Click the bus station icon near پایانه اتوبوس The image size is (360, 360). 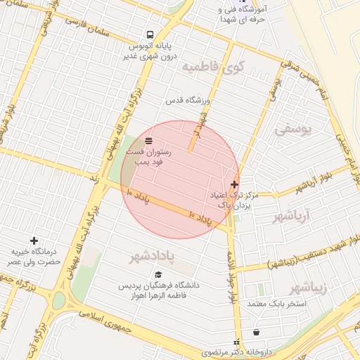click(150, 34)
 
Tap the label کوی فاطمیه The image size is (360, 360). click(210, 67)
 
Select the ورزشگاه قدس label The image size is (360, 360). click(188, 101)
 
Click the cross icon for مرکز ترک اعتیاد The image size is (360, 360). click(234, 184)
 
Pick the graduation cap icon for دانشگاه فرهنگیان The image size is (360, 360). click(159, 274)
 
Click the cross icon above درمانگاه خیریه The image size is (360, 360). click(34, 241)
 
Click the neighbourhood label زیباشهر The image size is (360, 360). click(309, 287)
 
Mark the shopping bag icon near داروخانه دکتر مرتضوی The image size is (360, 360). click(254, 332)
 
